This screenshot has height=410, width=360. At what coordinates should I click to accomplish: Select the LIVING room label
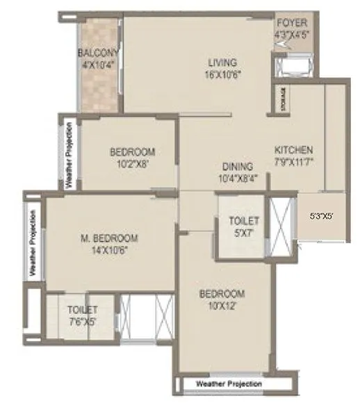222,63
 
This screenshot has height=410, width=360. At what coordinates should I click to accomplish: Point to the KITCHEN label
293,149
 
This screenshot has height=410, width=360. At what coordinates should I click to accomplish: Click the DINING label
237,167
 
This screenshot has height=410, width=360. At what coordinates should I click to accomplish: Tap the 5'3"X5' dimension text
321,216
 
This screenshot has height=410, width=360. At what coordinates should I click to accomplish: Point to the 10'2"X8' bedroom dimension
131,164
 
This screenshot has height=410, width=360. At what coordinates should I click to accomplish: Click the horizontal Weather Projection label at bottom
229,384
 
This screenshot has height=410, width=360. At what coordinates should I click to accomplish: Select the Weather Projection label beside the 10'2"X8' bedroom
69,155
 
